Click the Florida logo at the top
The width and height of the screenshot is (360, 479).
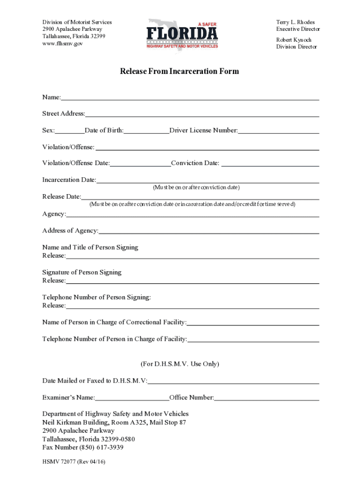[182, 34]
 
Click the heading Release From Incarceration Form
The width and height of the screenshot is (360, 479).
[180, 72]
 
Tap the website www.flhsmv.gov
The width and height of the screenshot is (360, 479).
[63, 44]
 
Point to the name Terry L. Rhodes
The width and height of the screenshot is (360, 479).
[295, 22]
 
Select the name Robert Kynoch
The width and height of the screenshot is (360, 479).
[294, 40]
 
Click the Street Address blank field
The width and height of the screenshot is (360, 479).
[202, 115]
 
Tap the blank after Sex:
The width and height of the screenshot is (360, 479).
[70, 132]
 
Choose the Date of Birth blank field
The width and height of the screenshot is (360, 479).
[146, 132]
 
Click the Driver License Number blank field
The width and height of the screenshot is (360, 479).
[279, 132]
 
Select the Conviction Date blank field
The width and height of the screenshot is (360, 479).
[270, 165]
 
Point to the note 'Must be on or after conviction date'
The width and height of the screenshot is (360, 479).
[196, 188]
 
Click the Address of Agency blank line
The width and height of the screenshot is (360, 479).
[209, 232]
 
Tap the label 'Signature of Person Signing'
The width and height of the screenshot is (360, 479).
[82, 272]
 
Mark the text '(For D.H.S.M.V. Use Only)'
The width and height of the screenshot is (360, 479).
[180, 364]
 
